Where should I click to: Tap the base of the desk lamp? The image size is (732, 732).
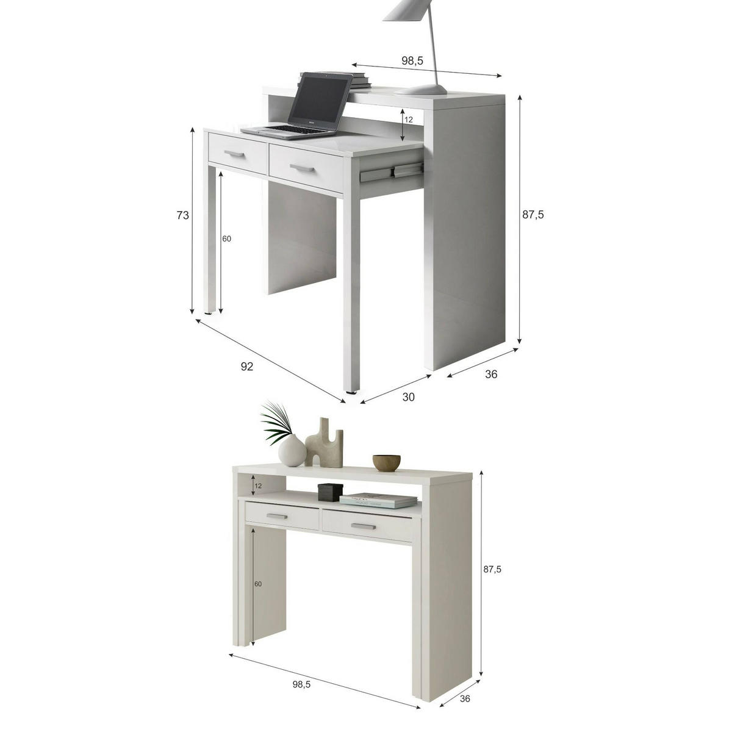(x=421, y=90)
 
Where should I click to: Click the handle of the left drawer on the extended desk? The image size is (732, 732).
(x=235, y=154)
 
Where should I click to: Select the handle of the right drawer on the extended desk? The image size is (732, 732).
(x=302, y=168)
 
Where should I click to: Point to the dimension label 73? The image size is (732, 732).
(x=183, y=215)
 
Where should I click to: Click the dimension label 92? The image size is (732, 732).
(x=247, y=366)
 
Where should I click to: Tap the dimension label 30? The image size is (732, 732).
(x=408, y=397)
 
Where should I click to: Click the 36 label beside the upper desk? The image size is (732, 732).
(x=491, y=374)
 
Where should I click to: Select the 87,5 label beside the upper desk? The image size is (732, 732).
(x=533, y=215)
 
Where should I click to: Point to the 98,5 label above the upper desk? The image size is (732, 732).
(x=412, y=60)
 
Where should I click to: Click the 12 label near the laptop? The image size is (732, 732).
(x=408, y=120)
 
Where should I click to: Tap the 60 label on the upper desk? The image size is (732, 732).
(x=226, y=239)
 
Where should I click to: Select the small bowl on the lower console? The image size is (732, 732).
(x=386, y=462)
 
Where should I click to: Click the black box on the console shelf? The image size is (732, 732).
(x=330, y=492)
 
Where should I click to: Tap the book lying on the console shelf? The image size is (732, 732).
(x=378, y=501)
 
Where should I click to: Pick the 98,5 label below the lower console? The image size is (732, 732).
(x=301, y=673)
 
